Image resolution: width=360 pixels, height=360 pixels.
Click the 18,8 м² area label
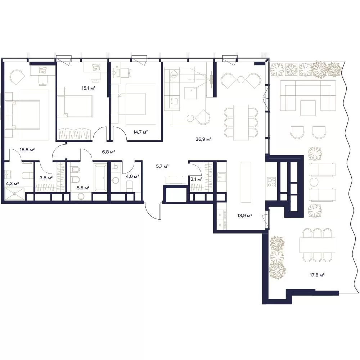point(27,150)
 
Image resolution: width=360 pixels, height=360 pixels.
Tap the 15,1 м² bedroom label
point(89,88)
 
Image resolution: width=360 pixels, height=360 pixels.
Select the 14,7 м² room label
point(140,132)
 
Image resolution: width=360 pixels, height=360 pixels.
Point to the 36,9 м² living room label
point(203,139)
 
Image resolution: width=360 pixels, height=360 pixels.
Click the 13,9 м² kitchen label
point(245,216)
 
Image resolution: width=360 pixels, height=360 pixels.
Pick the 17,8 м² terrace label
point(317,275)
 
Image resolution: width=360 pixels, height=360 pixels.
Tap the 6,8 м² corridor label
point(109,152)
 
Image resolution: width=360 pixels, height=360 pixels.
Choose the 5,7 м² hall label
point(162,166)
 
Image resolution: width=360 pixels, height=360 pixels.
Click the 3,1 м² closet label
point(197,179)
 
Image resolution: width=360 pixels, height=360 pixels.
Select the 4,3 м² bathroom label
point(12,184)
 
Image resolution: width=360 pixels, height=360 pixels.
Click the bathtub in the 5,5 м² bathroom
point(100,177)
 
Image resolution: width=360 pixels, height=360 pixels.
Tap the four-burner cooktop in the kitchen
point(271,182)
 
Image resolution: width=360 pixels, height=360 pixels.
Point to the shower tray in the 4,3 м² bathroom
point(15,194)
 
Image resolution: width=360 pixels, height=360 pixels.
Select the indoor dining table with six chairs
point(241,122)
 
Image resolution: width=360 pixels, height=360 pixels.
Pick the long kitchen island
point(246,182)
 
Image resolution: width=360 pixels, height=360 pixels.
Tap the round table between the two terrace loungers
point(314,182)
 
